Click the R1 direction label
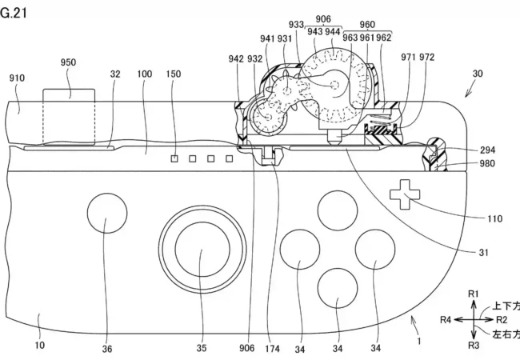coord(473,294)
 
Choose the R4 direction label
coord(446,320)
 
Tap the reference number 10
coord(40,346)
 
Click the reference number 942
coord(236,58)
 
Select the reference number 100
coord(145,74)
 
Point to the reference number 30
coord(478,73)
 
